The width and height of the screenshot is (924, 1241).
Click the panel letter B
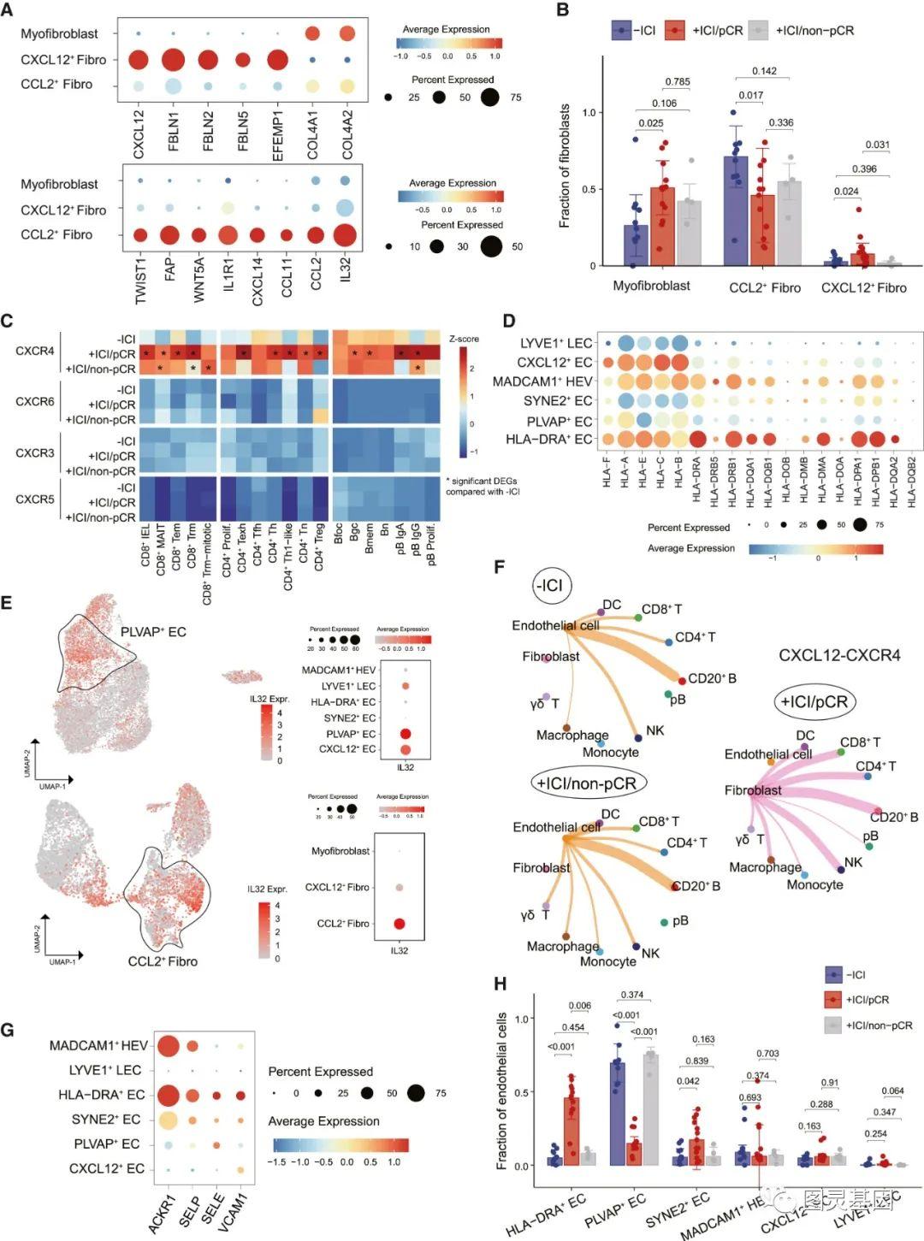click(x=563, y=10)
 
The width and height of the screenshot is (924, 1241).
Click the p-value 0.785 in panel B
click(x=677, y=82)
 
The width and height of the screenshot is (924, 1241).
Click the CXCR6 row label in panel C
click(x=34, y=401)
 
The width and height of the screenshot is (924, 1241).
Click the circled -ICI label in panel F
click(x=551, y=586)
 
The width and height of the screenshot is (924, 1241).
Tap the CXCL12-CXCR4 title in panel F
click(x=839, y=655)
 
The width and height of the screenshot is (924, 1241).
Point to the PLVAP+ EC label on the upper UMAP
click(x=153, y=632)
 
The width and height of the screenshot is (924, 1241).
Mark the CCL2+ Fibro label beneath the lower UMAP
click(x=163, y=961)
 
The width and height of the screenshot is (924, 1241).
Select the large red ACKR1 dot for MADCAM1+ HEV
click(x=167, y=1045)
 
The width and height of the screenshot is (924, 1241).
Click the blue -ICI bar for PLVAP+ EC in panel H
click(x=618, y=1113)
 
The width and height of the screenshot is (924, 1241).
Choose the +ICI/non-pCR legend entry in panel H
click(x=868, y=1025)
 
